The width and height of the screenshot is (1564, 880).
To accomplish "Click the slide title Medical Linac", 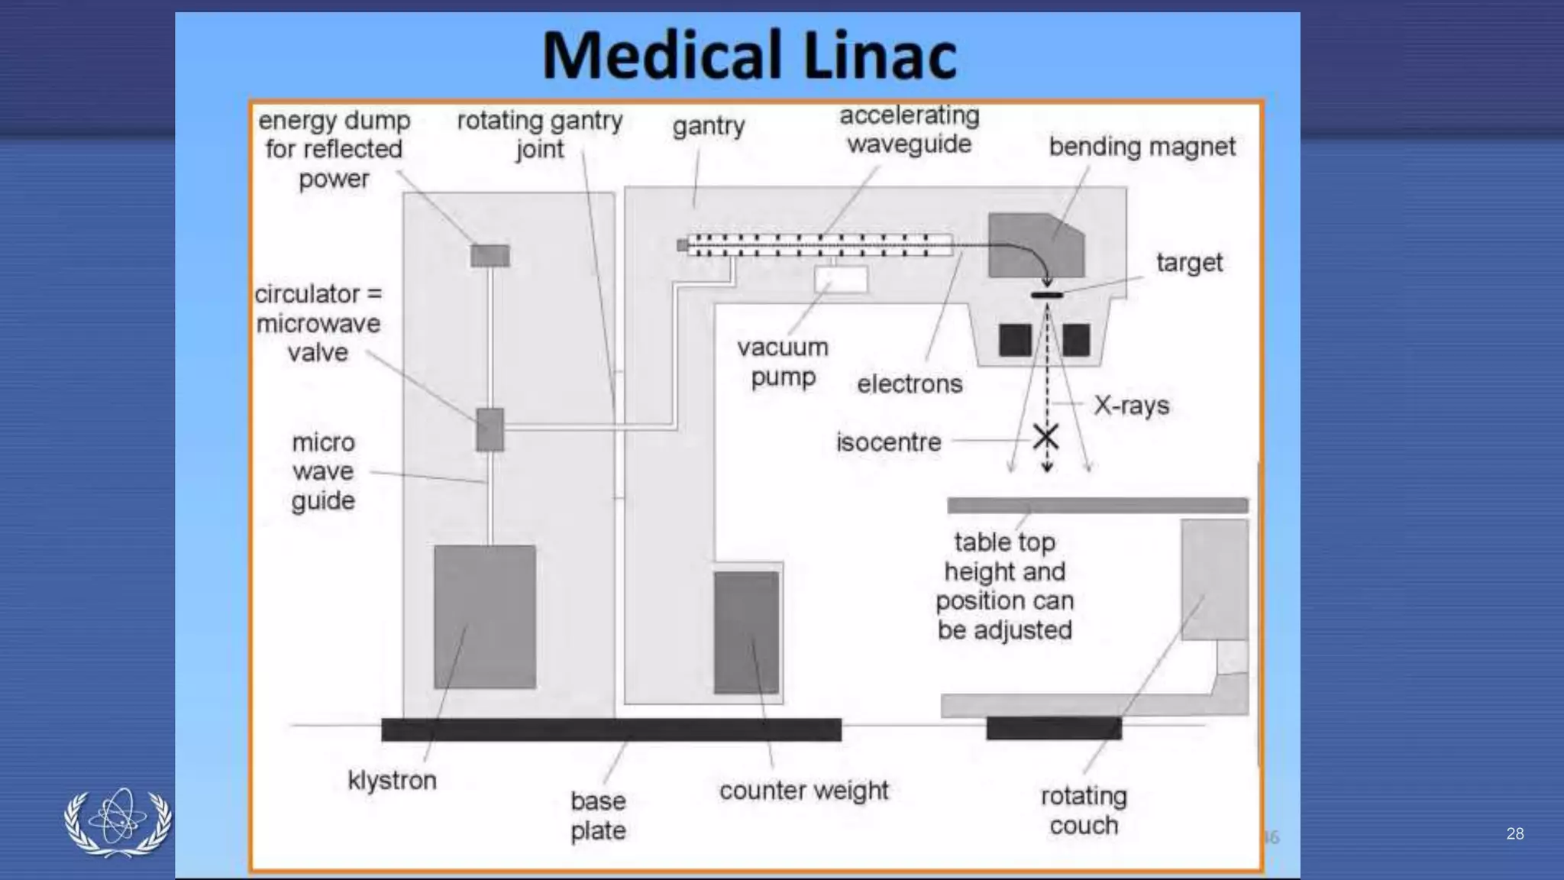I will coord(748,55).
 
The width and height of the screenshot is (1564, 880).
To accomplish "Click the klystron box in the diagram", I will coord(485,616).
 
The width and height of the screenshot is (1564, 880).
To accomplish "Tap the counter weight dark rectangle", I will coord(746,632).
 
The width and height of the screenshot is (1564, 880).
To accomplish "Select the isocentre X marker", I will coord(1045,438).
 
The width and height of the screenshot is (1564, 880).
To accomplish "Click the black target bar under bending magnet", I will coord(1046,295).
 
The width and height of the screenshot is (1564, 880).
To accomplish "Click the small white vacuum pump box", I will coord(841,279).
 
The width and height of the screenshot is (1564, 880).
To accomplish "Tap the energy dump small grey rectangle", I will coord(490,255).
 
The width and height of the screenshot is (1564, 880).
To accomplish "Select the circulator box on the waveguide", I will coord(490,429).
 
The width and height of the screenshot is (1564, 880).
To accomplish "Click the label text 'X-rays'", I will coord(1131,405).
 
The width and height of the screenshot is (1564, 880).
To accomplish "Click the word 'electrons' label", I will coord(909,383).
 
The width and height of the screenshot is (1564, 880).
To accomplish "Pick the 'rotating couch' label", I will coord(1083,810).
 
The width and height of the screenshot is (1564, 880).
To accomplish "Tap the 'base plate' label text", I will coord(598,815).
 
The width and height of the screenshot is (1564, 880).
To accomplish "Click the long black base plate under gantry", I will coord(611,730).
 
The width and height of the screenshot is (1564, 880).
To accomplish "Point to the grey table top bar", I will coord(1097,505).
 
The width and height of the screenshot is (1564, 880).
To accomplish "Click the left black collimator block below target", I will coord(1015,340).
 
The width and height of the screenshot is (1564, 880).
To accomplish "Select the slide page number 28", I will coord(1514,833).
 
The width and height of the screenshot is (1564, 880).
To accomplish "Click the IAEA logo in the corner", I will coord(118,822).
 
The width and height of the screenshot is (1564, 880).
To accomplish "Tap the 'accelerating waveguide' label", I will coord(909,129).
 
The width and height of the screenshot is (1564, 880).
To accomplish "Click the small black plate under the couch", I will coord(1053,728).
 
